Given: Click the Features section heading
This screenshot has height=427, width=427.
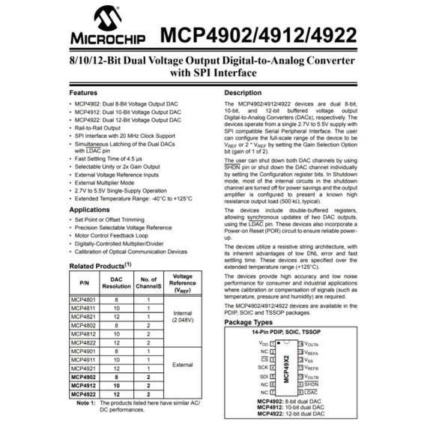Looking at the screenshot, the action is [85, 92].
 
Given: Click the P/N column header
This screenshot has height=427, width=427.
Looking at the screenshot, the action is [83, 283].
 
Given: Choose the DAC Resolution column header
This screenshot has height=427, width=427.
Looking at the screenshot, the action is [116, 283].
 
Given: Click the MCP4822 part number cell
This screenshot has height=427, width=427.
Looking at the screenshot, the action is [83, 341].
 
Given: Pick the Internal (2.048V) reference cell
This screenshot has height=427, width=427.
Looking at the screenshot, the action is [183, 316].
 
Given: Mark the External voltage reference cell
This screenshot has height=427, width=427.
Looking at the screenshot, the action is [183, 366].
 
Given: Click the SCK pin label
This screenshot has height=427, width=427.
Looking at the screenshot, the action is [264, 368].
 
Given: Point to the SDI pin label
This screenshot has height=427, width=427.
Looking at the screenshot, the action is [264, 376].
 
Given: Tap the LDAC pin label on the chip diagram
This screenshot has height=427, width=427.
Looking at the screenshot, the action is [310, 393].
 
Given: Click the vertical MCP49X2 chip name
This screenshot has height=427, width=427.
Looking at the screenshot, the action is [286, 368].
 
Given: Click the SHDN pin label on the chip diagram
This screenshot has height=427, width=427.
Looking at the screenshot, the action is [311, 384].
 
